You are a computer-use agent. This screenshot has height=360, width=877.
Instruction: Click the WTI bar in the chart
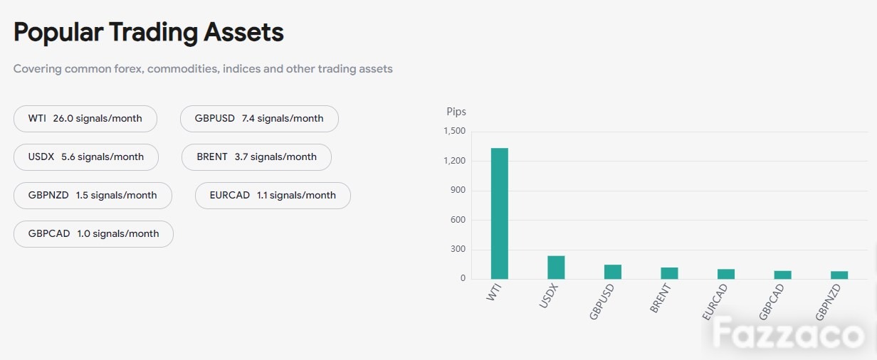pos(500,213)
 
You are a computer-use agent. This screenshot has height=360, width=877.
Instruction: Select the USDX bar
pos(556,268)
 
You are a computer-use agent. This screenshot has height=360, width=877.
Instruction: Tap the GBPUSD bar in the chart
pos(613,272)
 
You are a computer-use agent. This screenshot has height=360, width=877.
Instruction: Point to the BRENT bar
pos(669,273)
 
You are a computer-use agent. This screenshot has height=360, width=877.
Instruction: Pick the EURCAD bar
pos(726,275)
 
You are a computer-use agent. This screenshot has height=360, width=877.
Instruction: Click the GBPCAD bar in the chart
pos(782,275)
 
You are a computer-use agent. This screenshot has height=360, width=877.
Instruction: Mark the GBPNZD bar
pos(839,275)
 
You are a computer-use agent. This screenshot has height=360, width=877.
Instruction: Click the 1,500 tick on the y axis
pos(455,131)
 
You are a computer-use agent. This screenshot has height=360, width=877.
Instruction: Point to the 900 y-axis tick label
pos(458,190)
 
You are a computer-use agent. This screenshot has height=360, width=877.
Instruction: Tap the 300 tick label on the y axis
pos(458,249)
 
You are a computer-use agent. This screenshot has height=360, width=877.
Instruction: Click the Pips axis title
pos(456,112)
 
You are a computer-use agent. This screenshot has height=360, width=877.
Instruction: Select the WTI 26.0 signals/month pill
pos(85,119)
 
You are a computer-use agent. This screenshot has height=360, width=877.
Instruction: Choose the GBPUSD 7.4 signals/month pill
pos(259,119)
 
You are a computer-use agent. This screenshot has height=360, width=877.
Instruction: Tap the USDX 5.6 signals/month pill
pos(86,157)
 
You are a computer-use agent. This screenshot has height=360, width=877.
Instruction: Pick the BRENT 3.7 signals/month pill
pos(256,157)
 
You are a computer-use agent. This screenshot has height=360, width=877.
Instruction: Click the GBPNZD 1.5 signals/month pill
pos(93,195)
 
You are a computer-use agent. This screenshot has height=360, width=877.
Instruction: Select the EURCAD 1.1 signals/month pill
pos(273,195)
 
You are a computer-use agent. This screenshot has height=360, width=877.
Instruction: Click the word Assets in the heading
pos(243,32)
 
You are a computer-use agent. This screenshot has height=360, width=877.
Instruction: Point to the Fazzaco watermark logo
pos(788,334)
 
